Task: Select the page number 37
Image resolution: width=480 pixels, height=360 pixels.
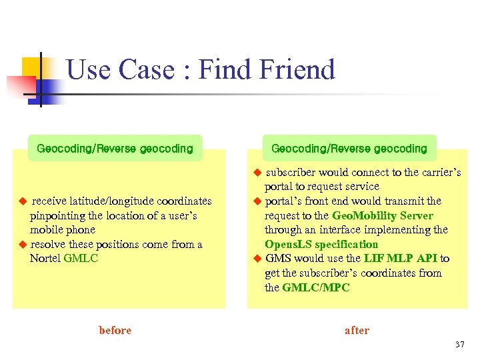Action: point(459,345)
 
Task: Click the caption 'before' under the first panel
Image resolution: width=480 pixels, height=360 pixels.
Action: point(115,330)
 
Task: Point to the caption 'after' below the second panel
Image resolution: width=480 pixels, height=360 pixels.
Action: point(357,330)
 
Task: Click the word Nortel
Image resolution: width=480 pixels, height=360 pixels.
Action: point(45,258)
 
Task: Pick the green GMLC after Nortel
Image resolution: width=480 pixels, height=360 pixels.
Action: point(81,258)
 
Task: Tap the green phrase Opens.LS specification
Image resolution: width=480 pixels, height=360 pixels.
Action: point(321,244)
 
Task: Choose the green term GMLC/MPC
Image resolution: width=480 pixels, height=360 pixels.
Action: point(316,287)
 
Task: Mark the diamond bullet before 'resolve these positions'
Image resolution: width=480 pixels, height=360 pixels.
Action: point(21,244)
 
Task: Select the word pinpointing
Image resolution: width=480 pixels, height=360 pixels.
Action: point(58,215)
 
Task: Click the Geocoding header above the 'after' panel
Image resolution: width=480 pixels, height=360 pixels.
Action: point(349,148)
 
